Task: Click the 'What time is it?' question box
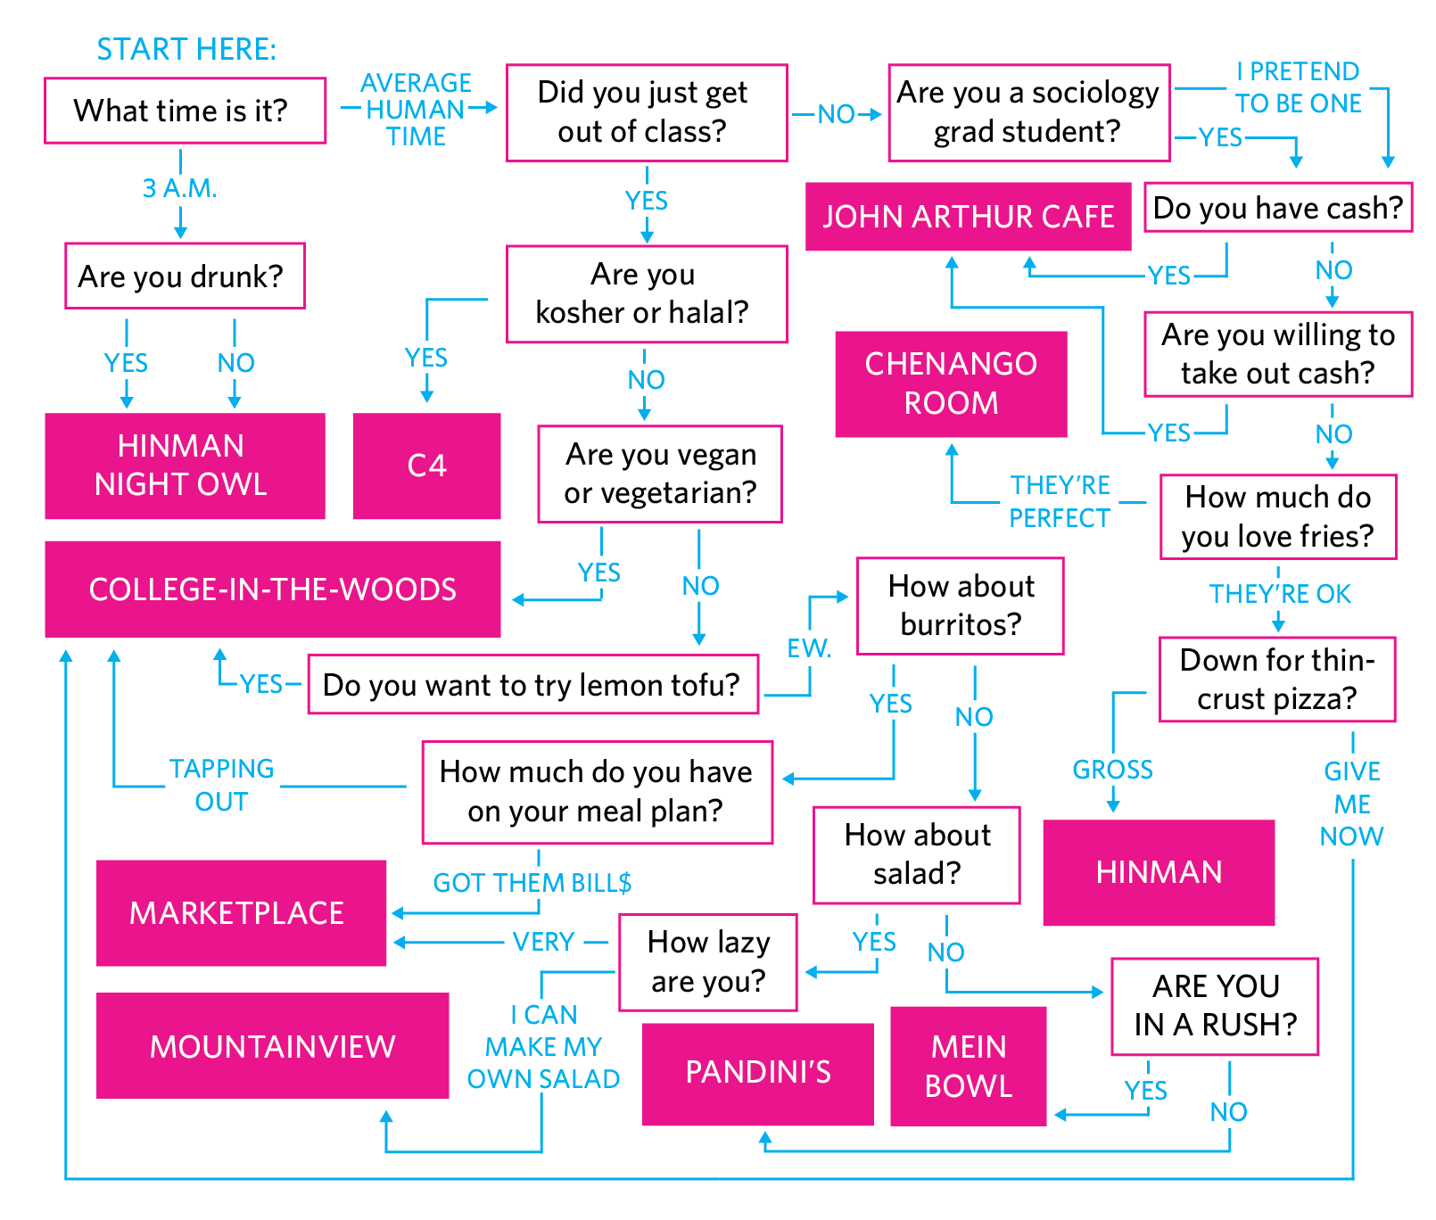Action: coord(185,111)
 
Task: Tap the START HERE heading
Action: coord(186,50)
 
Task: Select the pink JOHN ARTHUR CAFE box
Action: coord(968,217)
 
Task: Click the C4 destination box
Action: coord(426,466)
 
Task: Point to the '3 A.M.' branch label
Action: coord(179,188)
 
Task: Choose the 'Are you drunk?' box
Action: coord(185,276)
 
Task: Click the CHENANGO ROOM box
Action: coord(951,383)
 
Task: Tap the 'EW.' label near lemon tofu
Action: coord(809,648)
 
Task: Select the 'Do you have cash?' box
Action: coord(1277,208)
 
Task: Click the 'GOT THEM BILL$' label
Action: coord(532,883)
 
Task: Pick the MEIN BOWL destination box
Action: coord(968,1066)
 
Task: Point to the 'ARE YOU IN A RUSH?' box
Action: coord(1214,1006)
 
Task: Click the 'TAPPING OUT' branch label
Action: coord(221,785)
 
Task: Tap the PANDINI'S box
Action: coord(757,1073)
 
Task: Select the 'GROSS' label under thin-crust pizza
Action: coord(1112,770)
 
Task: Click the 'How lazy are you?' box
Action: coord(708,961)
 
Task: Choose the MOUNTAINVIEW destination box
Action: coord(272,1046)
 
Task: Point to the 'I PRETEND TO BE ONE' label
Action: coord(1298,87)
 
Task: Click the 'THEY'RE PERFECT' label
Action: coord(1060,501)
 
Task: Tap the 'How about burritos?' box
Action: coord(961,606)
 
